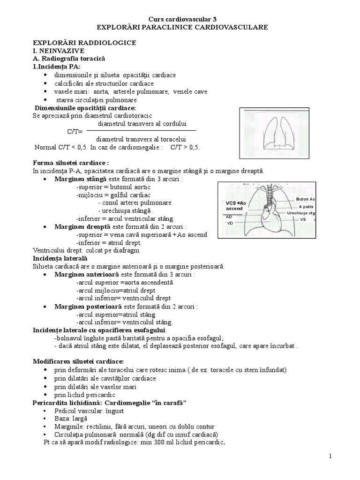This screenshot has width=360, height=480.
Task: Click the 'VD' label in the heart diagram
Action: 230,223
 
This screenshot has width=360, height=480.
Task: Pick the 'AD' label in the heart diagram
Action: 229,217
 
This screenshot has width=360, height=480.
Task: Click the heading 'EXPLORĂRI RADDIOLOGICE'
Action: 84,43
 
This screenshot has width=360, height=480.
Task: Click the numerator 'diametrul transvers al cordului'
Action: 142,124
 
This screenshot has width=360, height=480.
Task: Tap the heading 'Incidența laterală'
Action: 60,258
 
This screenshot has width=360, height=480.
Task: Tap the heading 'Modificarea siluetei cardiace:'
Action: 78,361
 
